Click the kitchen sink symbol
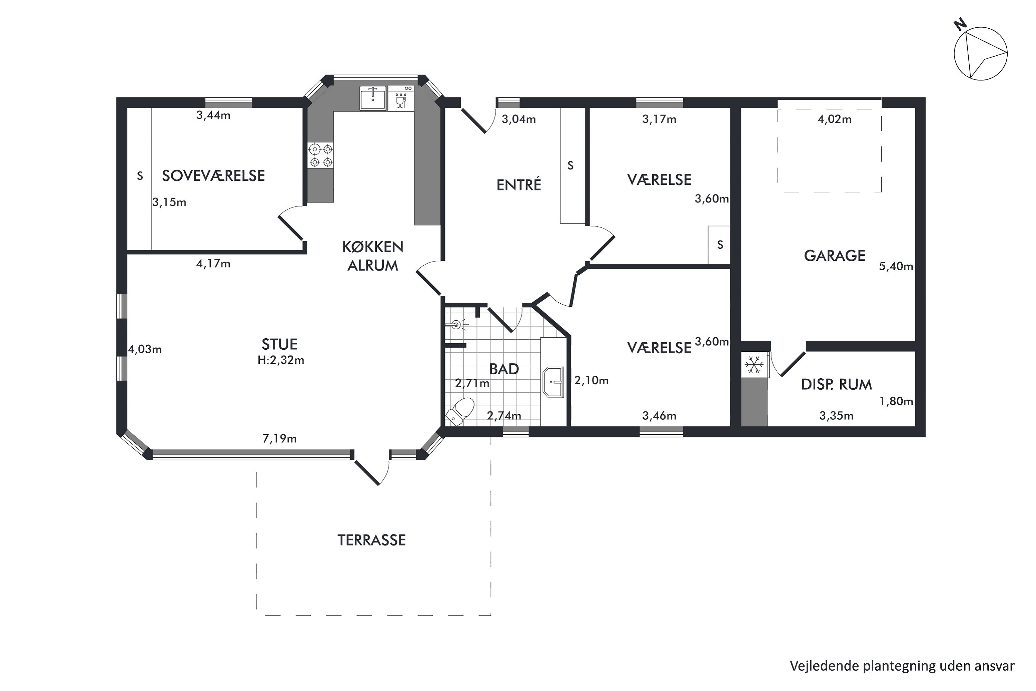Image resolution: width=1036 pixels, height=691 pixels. coord(373,98)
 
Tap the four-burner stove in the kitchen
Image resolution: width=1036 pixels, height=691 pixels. coord(321,155)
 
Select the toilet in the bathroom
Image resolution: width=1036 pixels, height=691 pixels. coord(460,411)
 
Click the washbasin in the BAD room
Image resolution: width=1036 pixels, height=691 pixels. coord(553,382)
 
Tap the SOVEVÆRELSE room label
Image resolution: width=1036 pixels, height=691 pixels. coord(214,176)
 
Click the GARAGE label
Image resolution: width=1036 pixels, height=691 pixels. coord(834,256)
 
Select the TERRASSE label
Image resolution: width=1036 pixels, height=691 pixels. coord(371,540)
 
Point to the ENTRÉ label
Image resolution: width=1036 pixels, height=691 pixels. coord(518,184)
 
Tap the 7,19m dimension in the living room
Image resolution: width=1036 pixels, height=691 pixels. coord(280,439)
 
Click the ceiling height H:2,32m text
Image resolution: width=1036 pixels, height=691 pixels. coord(281,360)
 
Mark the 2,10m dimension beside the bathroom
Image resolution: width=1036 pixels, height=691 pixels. coord(591,380)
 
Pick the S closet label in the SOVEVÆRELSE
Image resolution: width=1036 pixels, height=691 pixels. coord(140,176)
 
